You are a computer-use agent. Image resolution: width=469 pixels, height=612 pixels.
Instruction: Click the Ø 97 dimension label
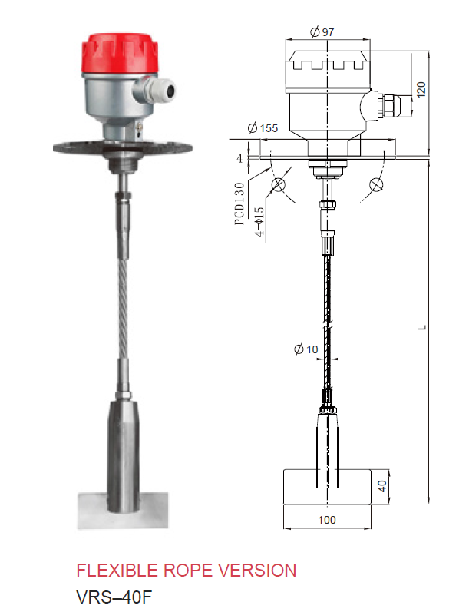[322, 31]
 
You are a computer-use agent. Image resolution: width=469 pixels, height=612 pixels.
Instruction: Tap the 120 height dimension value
[421, 90]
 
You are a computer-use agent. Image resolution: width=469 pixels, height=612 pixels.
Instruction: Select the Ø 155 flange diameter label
[263, 128]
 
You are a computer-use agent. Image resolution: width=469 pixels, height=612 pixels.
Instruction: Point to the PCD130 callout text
[239, 203]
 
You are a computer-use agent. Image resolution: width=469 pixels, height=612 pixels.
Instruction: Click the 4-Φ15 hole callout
[259, 221]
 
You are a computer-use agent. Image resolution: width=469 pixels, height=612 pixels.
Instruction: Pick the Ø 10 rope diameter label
[306, 349]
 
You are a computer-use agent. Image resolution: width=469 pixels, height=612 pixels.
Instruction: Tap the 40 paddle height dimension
[382, 486]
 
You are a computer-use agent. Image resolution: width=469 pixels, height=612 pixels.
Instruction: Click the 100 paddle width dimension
[326, 520]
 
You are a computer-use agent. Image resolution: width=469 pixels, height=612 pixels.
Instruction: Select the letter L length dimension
[423, 328]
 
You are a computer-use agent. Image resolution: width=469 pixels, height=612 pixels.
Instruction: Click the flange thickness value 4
[239, 158]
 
